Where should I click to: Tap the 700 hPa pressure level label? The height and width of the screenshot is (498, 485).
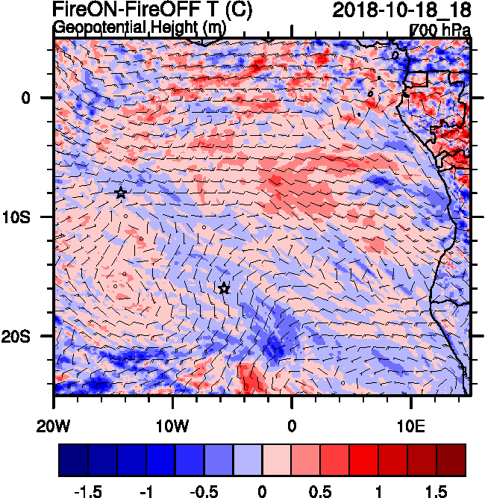click(441, 30)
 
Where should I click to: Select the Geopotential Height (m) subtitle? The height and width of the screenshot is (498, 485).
click(140, 28)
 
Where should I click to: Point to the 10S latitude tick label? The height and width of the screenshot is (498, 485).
click(31, 217)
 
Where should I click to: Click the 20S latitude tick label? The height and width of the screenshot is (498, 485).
click(31, 337)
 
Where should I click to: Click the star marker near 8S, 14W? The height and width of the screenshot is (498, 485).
click(121, 193)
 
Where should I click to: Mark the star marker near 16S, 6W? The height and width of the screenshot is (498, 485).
click(224, 289)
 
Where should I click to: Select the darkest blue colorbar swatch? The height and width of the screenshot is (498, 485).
click(73, 460)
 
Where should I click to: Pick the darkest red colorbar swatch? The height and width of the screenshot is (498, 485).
click(451, 460)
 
